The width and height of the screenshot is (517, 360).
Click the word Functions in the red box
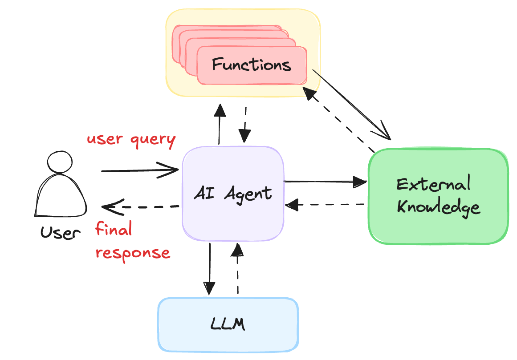tap(252, 65)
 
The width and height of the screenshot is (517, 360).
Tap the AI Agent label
tap(233, 194)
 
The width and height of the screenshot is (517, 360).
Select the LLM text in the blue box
tap(228, 324)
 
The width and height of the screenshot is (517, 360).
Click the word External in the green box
tap(433, 184)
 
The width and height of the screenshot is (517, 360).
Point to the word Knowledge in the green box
tap(438, 207)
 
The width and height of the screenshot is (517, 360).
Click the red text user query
tap(131, 139)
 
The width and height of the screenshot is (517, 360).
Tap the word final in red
tap(114, 230)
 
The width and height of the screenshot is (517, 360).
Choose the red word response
tap(133, 253)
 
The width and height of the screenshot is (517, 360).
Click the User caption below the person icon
tap(61, 232)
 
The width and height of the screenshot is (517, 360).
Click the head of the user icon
tap(60, 162)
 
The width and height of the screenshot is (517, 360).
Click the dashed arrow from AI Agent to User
tap(140, 207)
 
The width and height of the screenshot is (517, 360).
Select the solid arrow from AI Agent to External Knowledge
tap(325, 182)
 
